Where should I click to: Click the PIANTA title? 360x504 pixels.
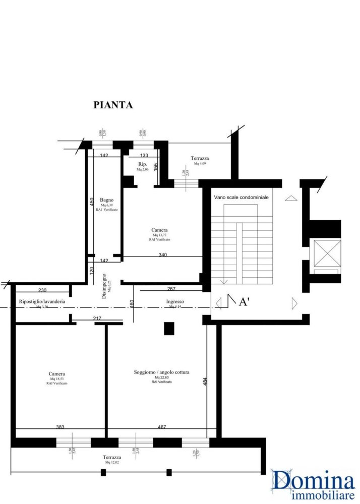point(113,105)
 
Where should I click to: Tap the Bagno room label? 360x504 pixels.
point(106,200)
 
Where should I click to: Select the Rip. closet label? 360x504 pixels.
point(142,164)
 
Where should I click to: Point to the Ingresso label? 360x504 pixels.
point(175,301)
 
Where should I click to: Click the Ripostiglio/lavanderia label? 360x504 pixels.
point(42,301)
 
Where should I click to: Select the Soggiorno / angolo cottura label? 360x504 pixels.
point(161,372)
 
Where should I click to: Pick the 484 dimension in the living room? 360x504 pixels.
point(205,383)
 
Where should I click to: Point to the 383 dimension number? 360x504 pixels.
point(60,426)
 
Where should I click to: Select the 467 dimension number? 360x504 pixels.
point(162,426)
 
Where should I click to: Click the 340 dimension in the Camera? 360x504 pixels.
point(162,255)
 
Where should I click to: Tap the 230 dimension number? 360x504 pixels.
point(42,290)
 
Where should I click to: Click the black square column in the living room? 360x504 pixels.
point(169,329)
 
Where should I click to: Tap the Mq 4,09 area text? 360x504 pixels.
point(200,164)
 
